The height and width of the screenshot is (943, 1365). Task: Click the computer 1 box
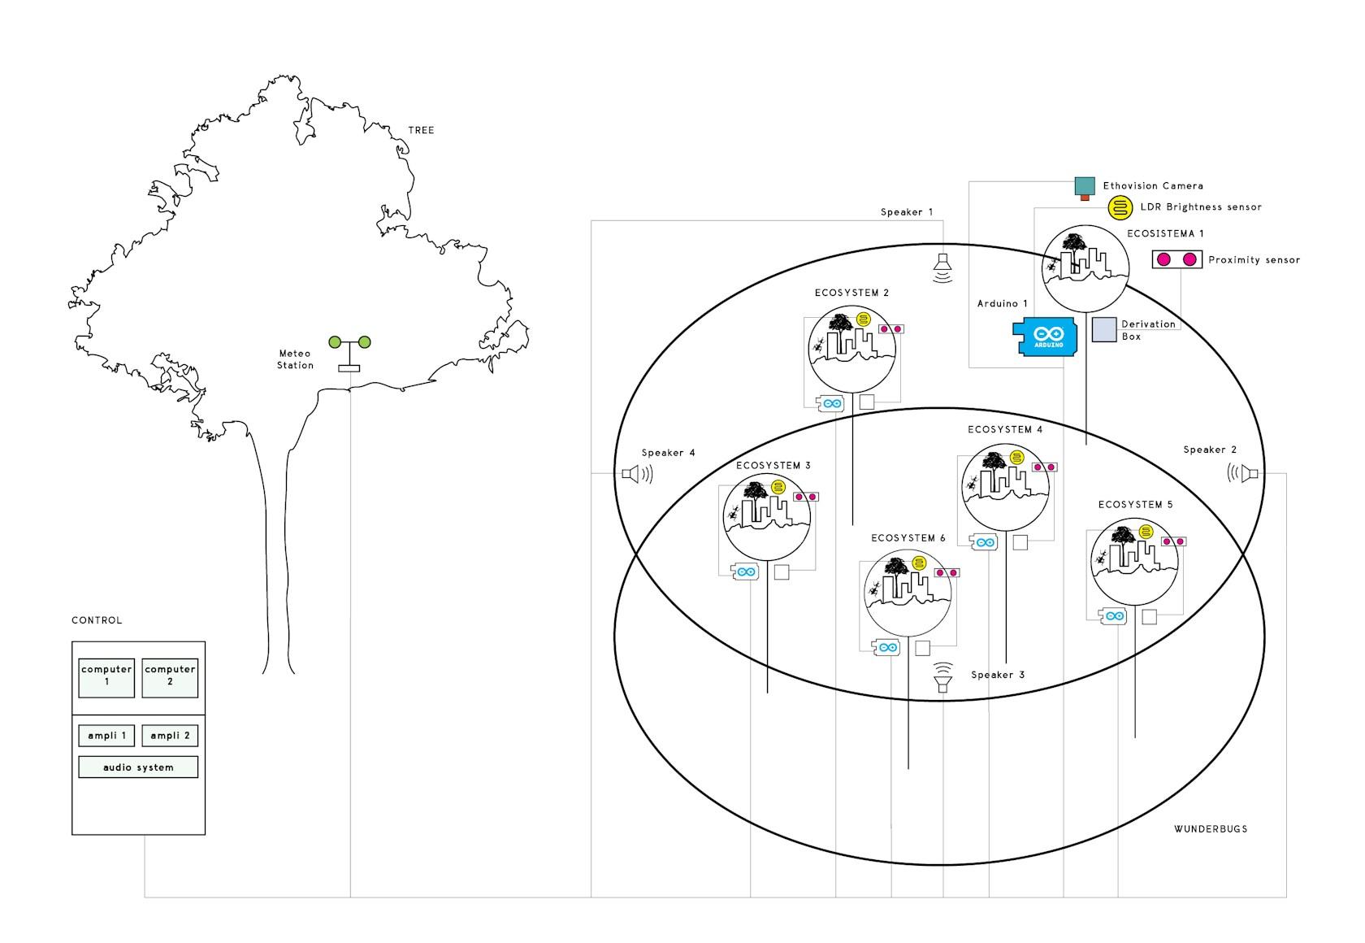[x=106, y=678]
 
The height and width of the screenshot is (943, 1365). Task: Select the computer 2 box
[x=170, y=678]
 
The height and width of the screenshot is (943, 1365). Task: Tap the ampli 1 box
[x=106, y=736]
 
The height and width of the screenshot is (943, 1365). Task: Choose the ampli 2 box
[x=170, y=736]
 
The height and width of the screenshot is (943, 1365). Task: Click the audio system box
[x=138, y=767]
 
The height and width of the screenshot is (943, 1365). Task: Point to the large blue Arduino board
[x=1045, y=337]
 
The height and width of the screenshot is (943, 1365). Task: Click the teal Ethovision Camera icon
[x=1085, y=189]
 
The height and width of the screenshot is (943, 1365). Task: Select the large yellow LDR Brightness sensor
[x=1120, y=208]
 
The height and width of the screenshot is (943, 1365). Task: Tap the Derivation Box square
[x=1104, y=330]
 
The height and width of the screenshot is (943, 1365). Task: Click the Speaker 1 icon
[x=942, y=268]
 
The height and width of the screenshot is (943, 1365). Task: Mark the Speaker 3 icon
[x=942, y=677]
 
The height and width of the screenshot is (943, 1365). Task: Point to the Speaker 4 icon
[x=637, y=474]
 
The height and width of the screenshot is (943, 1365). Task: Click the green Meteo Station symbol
[x=349, y=353]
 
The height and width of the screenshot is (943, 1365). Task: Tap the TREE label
[x=421, y=130]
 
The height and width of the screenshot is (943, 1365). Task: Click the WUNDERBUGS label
[x=1211, y=829]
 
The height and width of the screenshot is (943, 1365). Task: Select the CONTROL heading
[x=97, y=620]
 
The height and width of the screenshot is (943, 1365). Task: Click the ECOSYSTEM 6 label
[x=908, y=537]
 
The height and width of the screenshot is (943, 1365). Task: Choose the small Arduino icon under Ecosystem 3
[x=744, y=571]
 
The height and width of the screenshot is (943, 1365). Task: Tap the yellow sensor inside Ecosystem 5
[x=1146, y=532]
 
